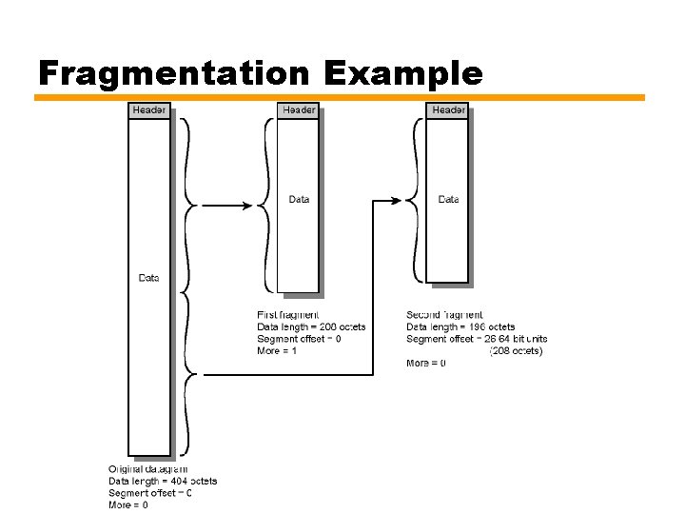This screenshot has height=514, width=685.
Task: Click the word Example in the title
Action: (402, 72)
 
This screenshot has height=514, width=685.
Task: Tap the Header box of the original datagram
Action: (149, 110)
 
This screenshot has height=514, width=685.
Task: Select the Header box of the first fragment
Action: (298, 110)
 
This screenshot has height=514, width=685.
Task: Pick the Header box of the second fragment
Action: (448, 110)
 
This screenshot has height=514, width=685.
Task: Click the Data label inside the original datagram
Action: (149, 278)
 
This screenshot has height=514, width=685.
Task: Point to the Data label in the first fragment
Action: (299, 200)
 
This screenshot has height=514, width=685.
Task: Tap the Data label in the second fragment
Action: (448, 200)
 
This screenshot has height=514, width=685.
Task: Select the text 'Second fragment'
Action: (444, 315)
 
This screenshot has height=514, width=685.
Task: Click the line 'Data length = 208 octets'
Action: (311, 327)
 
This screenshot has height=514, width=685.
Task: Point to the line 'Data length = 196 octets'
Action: (460, 327)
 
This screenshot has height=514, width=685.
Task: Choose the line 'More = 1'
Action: (277, 351)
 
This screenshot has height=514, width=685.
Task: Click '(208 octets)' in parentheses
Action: (516, 351)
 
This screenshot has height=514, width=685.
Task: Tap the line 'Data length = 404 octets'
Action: (163, 481)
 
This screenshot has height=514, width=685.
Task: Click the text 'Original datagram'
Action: (147, 468)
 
